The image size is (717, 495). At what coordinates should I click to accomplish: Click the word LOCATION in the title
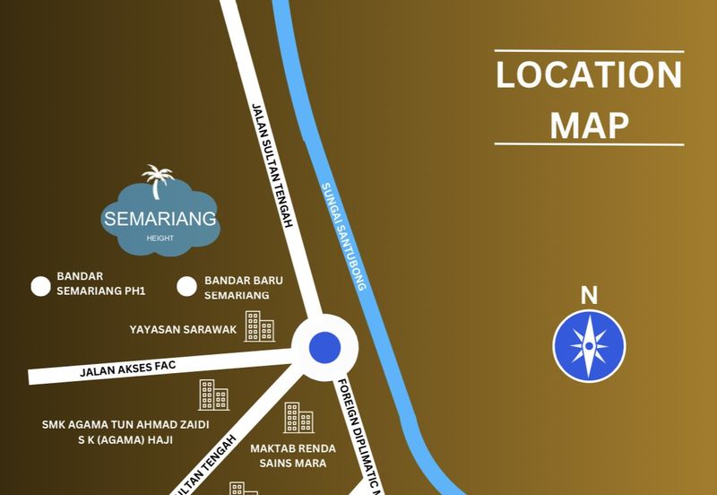(x=589, y=75)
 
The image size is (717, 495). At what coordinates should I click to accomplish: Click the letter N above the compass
(x=589, y=295)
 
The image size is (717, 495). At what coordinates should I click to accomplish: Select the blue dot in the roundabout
(x=324, y=346)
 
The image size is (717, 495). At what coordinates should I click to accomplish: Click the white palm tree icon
(x=159, y=180)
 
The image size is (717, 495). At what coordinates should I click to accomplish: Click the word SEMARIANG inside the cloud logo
(x=160, y=218)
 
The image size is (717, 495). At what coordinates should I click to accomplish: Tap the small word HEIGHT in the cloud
(x=160, y=239)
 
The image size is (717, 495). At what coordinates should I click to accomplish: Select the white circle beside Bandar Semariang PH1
(x=40, y=286)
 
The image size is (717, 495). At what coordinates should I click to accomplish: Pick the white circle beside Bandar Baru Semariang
(x=186, y=286)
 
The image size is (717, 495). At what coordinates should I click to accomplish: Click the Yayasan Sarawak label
(x=184, y=329)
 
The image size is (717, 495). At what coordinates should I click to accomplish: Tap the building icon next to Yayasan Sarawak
(x=259, y=326)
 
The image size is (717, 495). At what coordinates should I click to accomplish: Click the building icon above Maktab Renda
(x=298, y=418)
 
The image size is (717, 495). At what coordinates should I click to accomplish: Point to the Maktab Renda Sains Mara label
(x=293, y=456)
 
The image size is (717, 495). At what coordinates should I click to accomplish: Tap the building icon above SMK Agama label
(x=213, y=395)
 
